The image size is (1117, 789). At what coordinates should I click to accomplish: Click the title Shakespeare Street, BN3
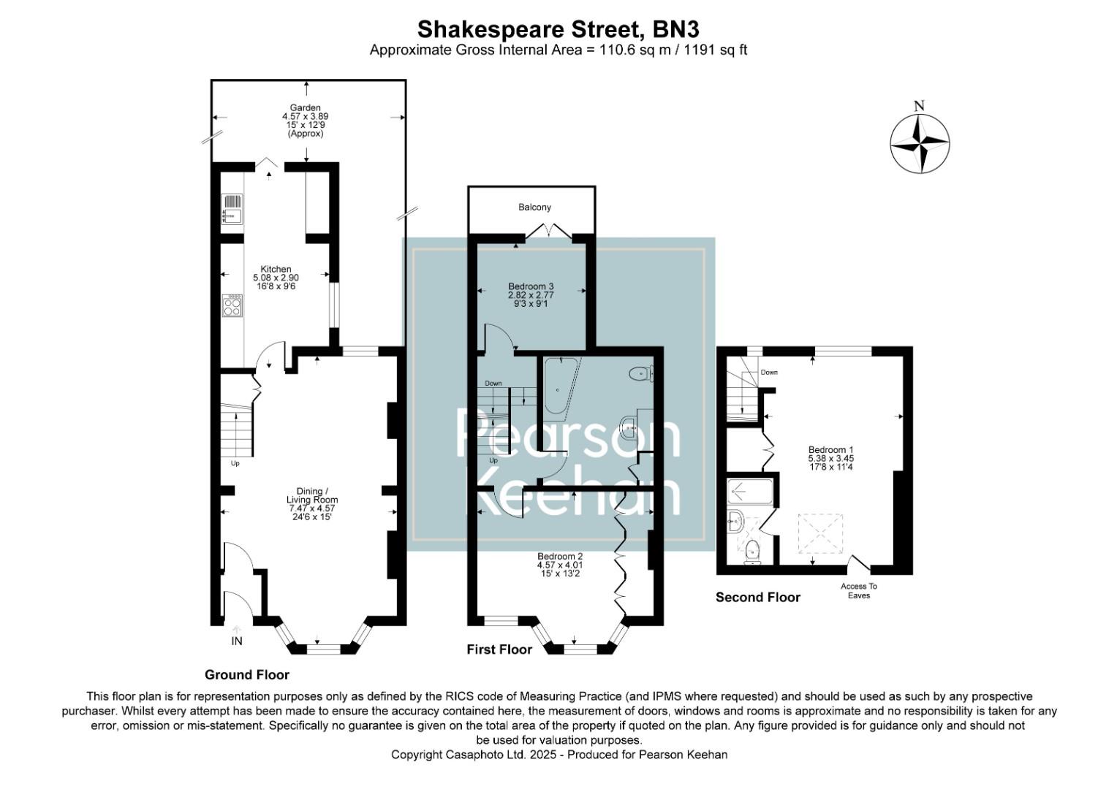pos(558,29)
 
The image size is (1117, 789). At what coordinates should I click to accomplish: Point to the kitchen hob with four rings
pos(232,306)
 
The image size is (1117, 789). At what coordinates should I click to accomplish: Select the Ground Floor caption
pos(246,675)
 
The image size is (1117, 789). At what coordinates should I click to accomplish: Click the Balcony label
pos(534,207)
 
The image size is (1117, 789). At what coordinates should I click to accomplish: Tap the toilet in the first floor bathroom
pos(641,375)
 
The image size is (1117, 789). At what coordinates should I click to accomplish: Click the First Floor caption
pos(499,649)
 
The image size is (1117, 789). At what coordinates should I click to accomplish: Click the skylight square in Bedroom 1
pos(819,535)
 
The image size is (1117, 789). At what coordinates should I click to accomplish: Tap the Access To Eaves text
pos(859,590)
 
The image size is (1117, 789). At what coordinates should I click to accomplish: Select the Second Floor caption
pos(757,598)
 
